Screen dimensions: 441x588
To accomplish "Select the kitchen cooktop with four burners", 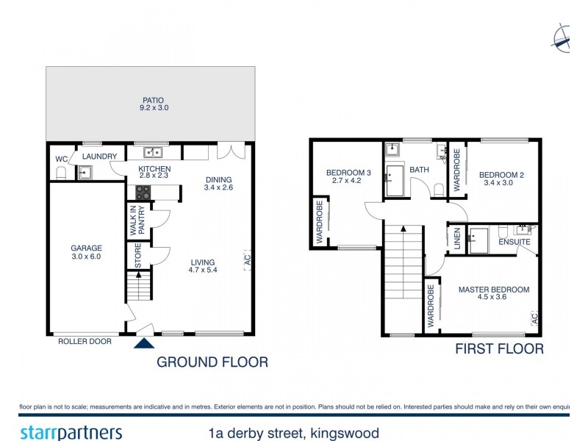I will coord(143,192).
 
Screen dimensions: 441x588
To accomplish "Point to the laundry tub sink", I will coord(85,173).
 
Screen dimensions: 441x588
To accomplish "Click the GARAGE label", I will coord(86,248).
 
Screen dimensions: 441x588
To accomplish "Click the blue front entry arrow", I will coord(145,343).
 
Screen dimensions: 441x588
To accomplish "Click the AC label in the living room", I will coord(247,259).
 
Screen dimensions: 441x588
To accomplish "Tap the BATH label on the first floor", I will coord(419,170).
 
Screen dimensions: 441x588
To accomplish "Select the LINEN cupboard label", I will coord(456,240).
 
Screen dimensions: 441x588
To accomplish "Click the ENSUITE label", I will coord(514,242).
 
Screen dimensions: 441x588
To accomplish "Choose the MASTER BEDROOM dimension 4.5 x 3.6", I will coord(493,298).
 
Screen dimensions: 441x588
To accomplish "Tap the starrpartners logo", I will coord(71,433).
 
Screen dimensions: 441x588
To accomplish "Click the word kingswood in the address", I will coord(344,433).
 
